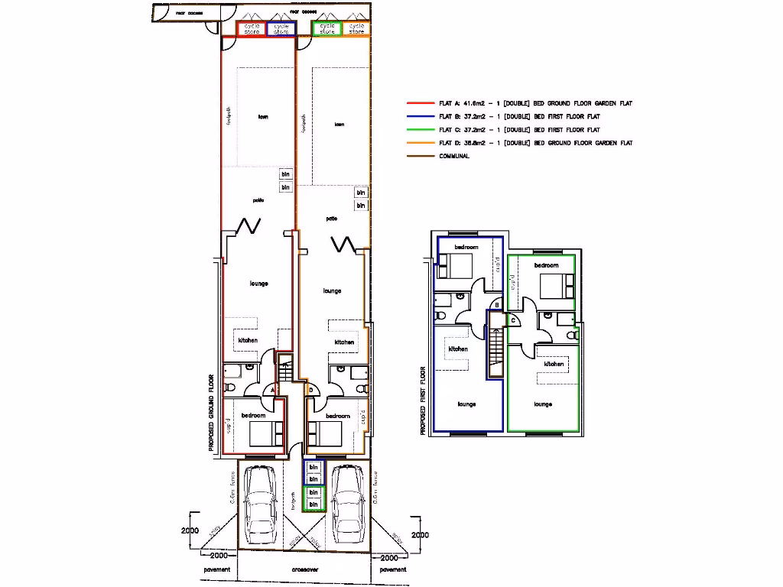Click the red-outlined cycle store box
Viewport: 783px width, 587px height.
click(x=252, y=28)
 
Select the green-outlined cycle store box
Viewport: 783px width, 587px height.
click(x=327, y=28)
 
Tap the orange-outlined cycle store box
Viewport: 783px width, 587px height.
click(x=356, y=28)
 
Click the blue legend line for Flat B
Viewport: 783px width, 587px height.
click(x=421, y=116)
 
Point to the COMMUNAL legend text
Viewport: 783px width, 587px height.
click(x=454, y=156)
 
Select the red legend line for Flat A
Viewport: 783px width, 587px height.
click(x=421, y=103)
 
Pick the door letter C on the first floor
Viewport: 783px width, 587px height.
click(x=513, y=319)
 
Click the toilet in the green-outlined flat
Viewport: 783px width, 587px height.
click(x=573, y=334)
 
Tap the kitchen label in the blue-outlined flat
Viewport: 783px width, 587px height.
click(x=458, y=349)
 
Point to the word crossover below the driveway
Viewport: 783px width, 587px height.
click(x=305, y=570)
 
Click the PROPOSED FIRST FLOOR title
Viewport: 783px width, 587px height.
click(x=422, y=401)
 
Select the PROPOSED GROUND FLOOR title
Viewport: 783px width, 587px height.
click(x=212, y=413)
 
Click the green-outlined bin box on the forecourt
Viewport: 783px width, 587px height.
click(x=314, y=499)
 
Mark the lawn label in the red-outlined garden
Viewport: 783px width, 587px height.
click(x=263, y=117)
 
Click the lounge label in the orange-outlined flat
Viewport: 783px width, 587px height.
click(x=332, y=291)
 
